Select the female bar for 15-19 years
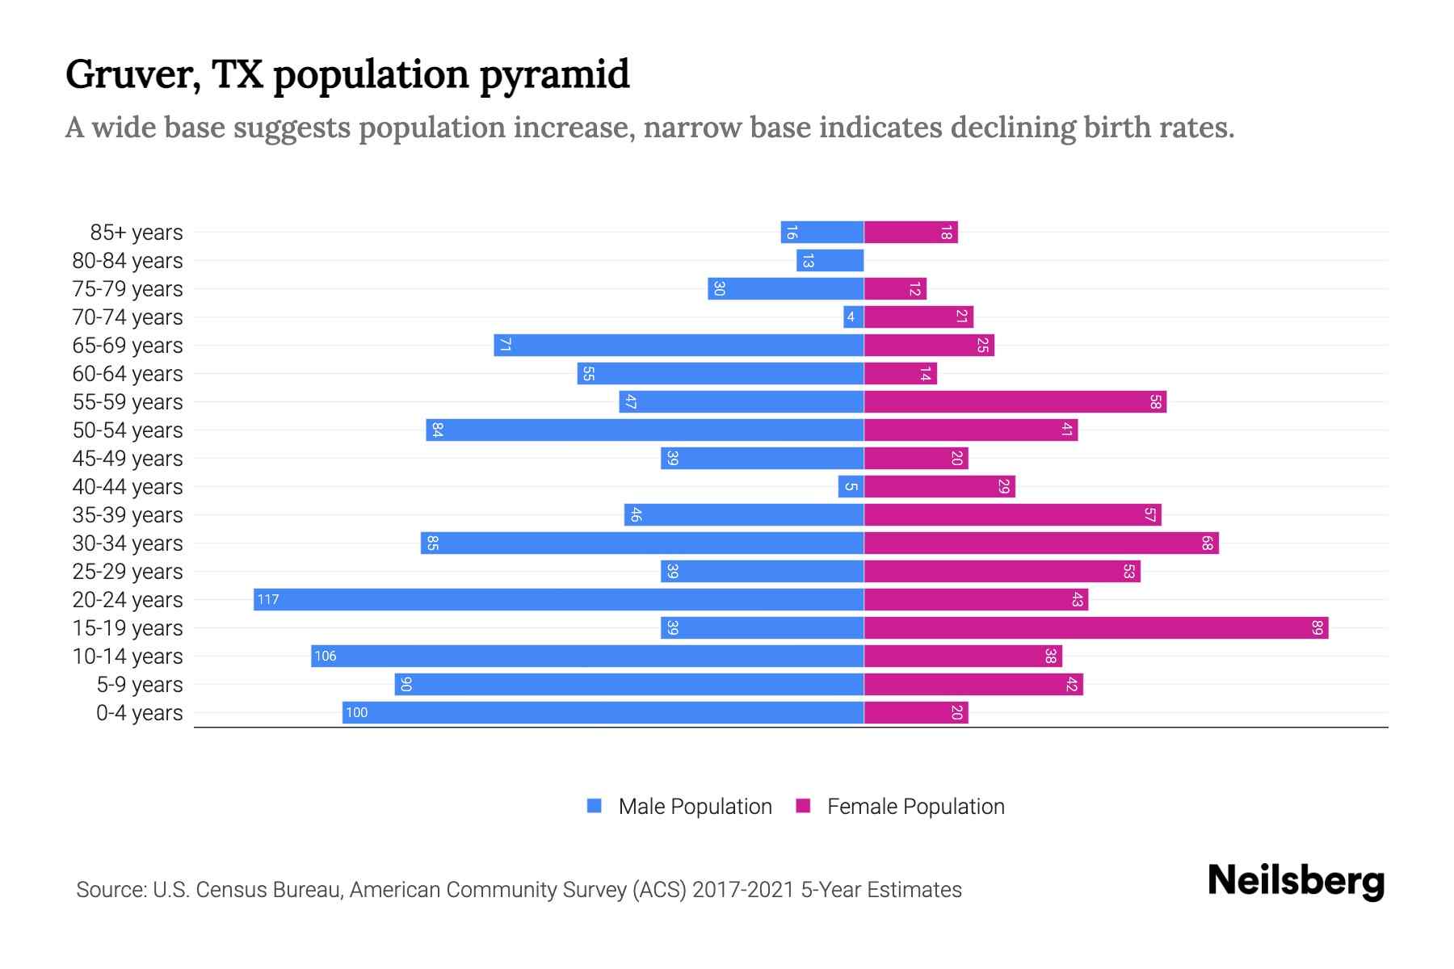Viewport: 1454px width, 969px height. (x=1096, y=627)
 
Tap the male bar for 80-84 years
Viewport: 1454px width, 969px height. (x=830, y=260)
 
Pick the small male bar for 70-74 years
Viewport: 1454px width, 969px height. (x=854, y=317)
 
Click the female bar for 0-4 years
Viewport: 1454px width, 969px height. (x=916, y=712)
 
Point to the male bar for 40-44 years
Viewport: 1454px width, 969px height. (x=851, y=486)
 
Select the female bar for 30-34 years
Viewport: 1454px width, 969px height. (x=1041, y=543)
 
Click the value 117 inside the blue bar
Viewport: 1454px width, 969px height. (x=268, y=599)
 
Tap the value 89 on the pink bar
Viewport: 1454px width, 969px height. (x=1317, y=627)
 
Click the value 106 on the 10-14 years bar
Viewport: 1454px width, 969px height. (x=326, y=656)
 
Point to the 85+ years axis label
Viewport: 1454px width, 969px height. (x=137, y=233)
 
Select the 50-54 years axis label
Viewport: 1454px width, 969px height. (x=128, y=430)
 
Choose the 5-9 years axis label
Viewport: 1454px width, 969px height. (x=140, y=685)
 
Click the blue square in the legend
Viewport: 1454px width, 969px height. (x=595, y=806)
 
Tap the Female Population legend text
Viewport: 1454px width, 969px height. (x=916, y=806)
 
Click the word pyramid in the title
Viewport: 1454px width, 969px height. (x=554, y=75)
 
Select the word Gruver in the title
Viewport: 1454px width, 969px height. (x=132, y=75)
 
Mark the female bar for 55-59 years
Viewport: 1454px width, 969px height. (x=1015, y=401)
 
